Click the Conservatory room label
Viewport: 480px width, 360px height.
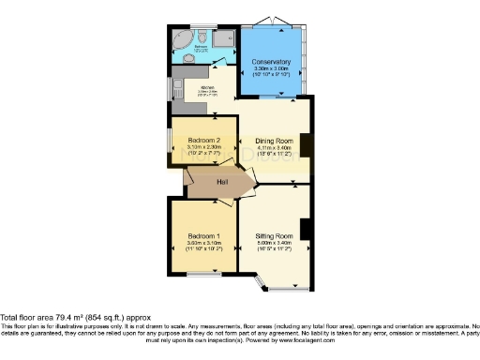point(271,63)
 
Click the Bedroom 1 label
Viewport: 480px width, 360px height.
point(203,236)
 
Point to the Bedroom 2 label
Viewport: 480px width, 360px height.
point(197,139)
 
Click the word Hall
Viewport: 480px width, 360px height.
point(221,182)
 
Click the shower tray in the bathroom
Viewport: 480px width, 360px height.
point(222,38)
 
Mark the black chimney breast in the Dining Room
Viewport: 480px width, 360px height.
point(306,145)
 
